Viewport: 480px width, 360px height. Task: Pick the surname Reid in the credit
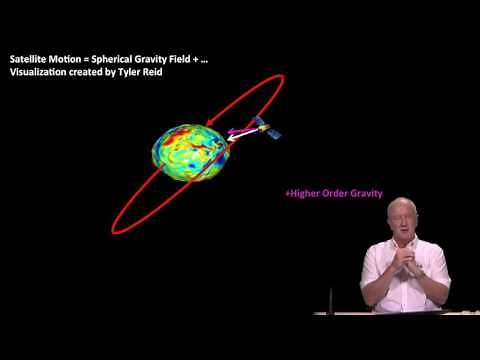tap(152, 72)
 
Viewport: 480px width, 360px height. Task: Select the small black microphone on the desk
tap(331, 300)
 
